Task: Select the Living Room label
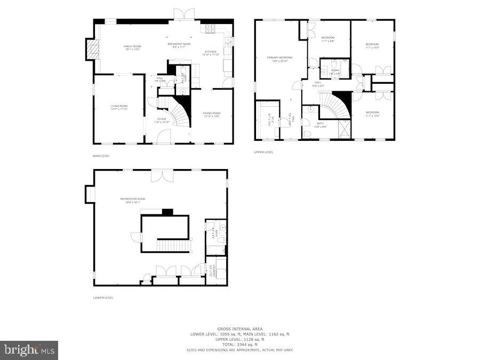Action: pyautogui.click(x=119, y=107)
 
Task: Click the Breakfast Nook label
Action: pyautogui.click(x=179, y=45)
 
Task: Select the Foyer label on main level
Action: pyautogui.click(x=162, y=120)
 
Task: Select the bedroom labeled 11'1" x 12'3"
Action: pyautogui.click(x=372, y=114)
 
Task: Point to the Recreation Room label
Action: pyautogui.click(x=132, y=200)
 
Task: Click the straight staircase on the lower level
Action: pyautogui.click(x=173, y=245)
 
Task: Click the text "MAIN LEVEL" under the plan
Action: pyautogui.click(x=101, y=156)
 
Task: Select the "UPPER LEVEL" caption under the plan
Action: pyautogui.click(x=263, y=152)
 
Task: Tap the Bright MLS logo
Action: pyautogui.click(x=30, y=350)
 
